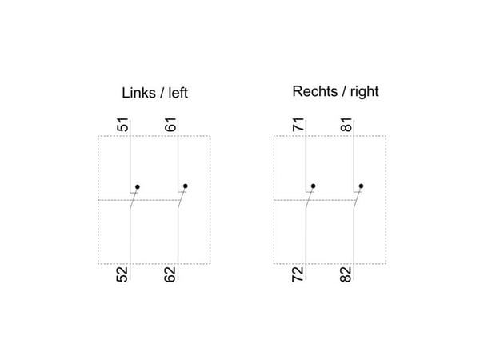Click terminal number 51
[123, 124]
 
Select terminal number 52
[122, 274]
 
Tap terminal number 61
[171, 124]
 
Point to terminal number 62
[170, 274]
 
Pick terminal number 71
[298, 124]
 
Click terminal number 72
[298, 274]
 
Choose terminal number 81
[346, 124]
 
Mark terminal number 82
[346, 274]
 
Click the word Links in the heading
[138, 93]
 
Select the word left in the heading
[178, 93]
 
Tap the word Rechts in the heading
[315, 91]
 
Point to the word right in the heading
[365, 92]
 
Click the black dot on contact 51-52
[138, 186]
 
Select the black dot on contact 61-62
[186, 186]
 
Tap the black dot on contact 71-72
[313, 186]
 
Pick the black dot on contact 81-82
[362, 186]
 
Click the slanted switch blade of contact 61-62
[182, 198]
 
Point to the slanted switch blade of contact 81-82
[358, 198]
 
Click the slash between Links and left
[162, 93]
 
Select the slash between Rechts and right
[344, 91]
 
